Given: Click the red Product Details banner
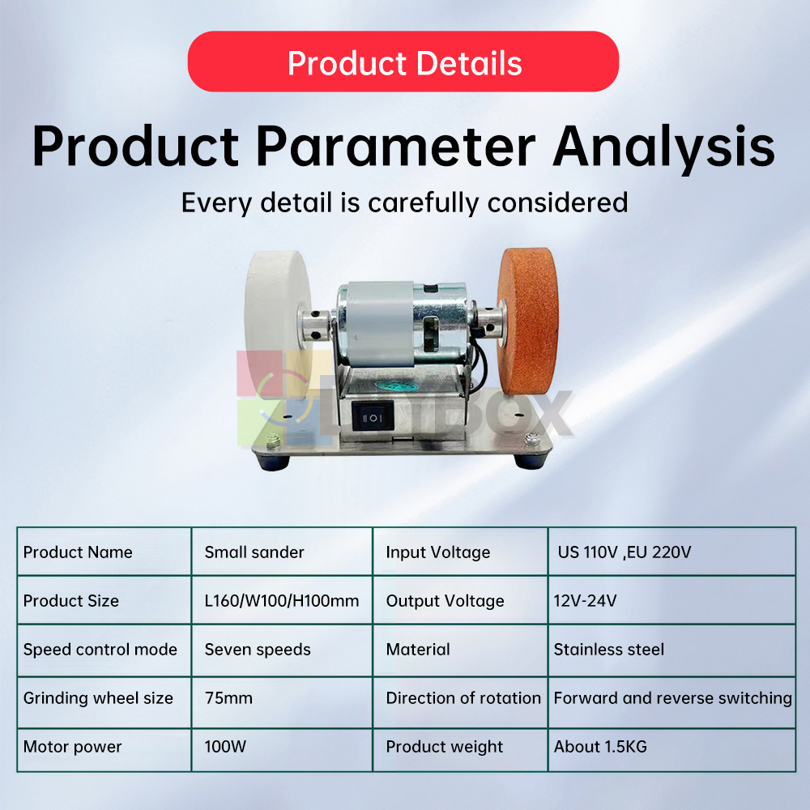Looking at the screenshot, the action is pos(403,62).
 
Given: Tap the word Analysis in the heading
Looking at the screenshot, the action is pos(664,147).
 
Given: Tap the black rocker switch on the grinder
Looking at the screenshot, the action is pos(373,417).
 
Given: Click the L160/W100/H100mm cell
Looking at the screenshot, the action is pos(282,601).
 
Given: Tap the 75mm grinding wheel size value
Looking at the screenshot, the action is pos(228,698).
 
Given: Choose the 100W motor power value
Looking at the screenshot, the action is pos(225,747).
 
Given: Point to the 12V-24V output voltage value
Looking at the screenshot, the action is pos(585,601).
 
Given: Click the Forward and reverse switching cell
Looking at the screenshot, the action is pos(672,698).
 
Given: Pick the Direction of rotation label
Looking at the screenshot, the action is pos(463,698).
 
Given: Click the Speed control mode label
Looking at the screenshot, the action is pos(100,650).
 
